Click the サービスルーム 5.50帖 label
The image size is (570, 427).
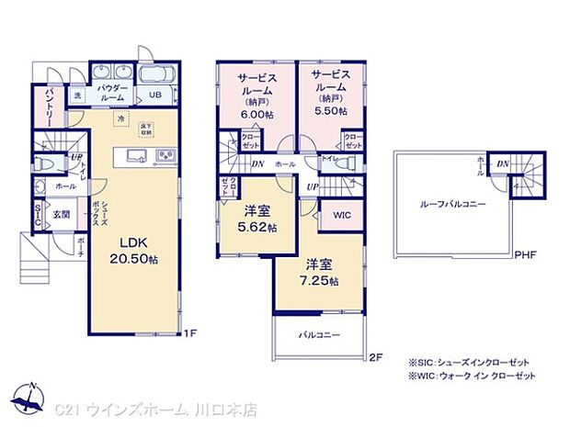(329, 92)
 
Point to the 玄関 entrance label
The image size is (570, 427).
(60, 215)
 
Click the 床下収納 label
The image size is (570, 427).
(147, 128)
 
